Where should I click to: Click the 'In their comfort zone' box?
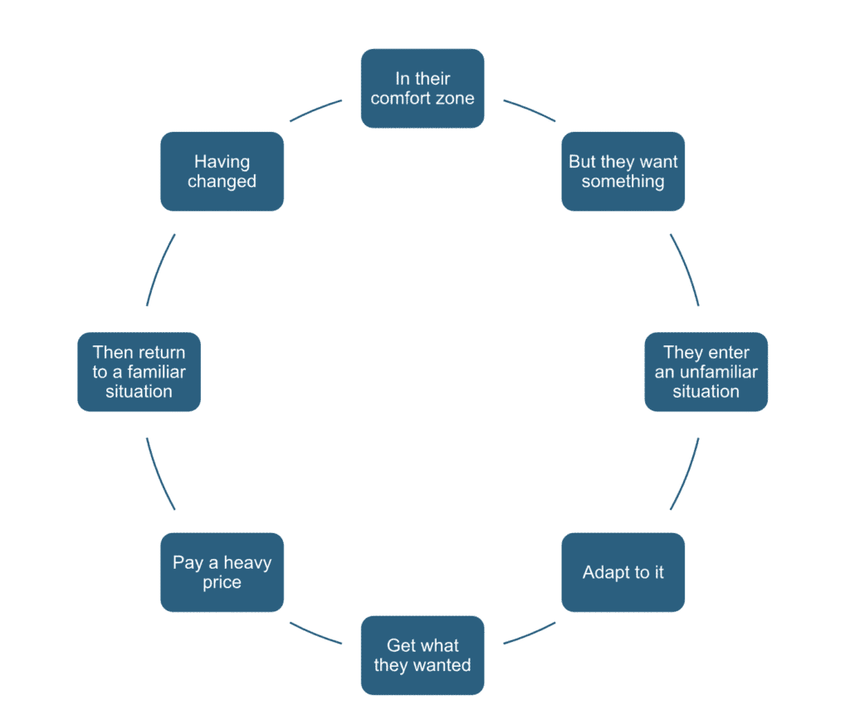422,88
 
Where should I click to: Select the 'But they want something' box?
623,171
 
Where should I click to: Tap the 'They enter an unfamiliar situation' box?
706,371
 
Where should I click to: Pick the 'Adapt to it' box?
623,572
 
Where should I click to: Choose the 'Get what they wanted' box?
422,655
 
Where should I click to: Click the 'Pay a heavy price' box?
222,572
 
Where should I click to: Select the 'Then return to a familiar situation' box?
139,371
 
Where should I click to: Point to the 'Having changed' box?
222,171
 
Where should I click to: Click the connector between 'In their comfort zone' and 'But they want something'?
530,110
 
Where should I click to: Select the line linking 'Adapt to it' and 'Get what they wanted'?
530,633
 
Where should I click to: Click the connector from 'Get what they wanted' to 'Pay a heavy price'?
315,633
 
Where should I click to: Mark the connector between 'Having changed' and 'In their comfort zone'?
315,110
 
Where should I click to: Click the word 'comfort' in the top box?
398,98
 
